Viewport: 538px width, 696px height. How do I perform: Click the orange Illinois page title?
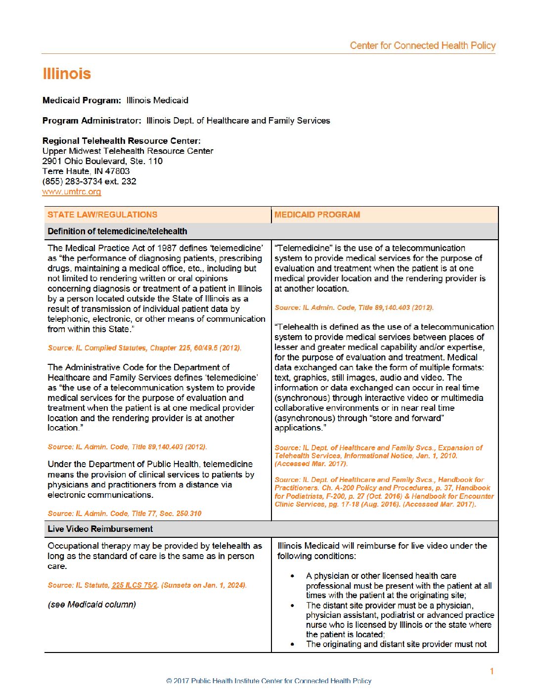click(67, 74)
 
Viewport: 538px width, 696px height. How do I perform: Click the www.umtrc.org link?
click(72, 192)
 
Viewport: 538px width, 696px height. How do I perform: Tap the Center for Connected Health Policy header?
click(422, 45)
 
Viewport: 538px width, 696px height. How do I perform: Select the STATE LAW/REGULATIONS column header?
click(102, 215)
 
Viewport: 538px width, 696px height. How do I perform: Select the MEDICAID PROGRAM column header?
click(317, 215)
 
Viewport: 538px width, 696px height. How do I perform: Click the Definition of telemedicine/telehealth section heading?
click(117, 231)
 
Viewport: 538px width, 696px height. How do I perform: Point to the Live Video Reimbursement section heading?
click(100, 529)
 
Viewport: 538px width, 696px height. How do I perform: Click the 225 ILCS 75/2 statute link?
click(134, 585)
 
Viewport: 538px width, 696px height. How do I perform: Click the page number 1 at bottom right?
click(492, 671)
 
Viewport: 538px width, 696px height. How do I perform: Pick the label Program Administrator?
click(92, 121)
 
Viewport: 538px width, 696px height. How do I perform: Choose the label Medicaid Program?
click(82, 100)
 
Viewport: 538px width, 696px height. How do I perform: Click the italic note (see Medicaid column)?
click(92, 605)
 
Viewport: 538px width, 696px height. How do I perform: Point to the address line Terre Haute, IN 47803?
click(86, 171)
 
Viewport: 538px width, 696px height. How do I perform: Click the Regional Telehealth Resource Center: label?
click(122, 141)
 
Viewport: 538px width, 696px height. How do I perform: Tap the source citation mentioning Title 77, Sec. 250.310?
click(125, 514)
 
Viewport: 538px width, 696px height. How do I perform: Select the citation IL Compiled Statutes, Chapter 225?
click(144, 348)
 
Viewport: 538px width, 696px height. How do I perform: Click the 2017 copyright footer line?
click(269, 681)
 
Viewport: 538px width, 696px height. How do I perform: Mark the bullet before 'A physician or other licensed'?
click(293, 576)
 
